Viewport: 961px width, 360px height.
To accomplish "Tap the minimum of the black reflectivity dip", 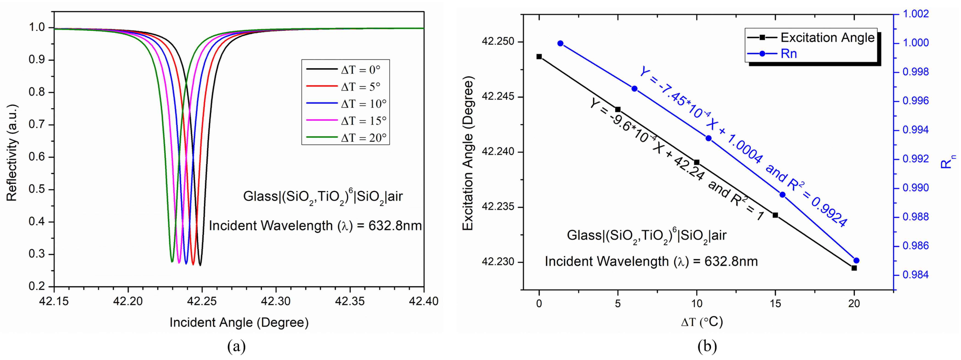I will click(x=200, y=265).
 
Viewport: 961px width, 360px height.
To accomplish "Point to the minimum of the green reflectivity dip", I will click(x=172, y=261).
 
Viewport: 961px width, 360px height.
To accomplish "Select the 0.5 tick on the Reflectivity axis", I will click(x=37, y=189).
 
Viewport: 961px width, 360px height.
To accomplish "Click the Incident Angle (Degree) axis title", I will click(x=239, y=323).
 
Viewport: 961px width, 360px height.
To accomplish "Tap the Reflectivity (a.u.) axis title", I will click(x=12, y=153).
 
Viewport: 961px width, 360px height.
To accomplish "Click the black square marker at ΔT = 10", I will click(x=697, y=162).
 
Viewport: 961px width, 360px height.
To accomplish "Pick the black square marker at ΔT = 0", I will click(x=539, y=57).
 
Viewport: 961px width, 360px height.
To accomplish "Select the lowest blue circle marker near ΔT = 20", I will click(x=856, y=260).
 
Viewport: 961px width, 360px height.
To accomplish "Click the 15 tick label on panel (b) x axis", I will click(x=775, y=304).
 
